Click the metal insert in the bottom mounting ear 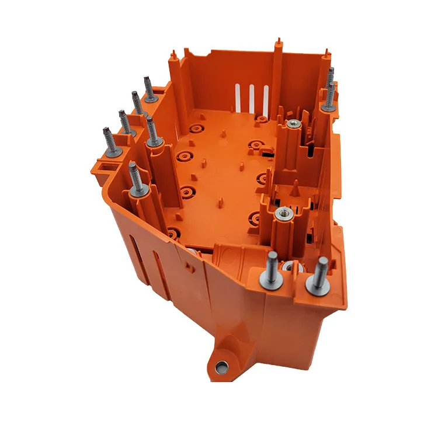click(x=221, y=366)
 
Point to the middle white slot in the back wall click(x=252, y=97)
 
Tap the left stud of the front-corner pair click(x=272, y=266)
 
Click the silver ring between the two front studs click(x=289, y=267)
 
